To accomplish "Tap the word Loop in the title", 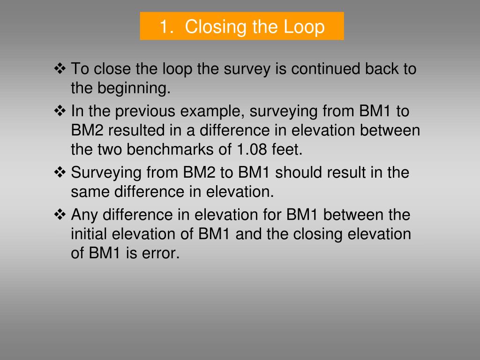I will [304, 27].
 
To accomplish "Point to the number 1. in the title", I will [167, 27].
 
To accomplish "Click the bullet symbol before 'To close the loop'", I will [60, 69].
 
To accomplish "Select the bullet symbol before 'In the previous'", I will [60, 111].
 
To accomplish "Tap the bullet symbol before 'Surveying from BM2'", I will [60, 172].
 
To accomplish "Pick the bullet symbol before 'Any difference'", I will [60, 215].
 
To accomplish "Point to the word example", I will [212, 112].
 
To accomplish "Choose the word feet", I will [287, 150].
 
